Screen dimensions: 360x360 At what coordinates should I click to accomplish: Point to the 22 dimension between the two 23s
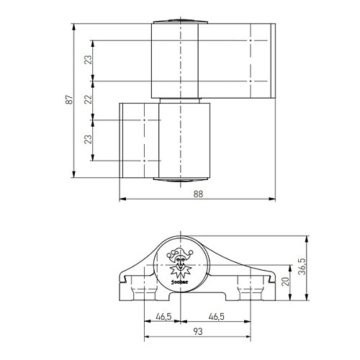coord(89,100)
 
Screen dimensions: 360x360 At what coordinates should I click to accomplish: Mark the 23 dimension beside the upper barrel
coord(89,60)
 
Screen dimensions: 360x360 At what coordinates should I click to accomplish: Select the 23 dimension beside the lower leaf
coord(89,140)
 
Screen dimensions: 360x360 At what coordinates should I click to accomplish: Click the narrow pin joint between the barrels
coord(180,99)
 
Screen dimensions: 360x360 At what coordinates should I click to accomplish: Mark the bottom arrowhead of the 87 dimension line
coord(76,176)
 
